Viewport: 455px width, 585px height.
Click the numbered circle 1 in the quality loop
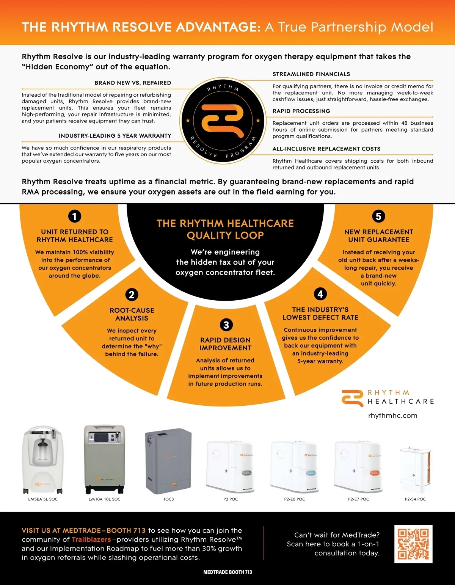(75, 216)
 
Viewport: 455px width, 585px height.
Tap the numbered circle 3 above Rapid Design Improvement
(226, 325)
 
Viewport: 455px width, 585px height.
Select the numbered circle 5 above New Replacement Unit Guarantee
(378, 216)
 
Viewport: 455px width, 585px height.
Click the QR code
(413, 544)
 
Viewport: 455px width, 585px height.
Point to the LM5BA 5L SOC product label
(43, 499)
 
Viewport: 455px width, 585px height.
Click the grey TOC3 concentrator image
(168, 461)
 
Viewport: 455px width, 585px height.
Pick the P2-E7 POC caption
(358, 499)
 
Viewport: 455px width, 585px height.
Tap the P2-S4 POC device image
(415, 470)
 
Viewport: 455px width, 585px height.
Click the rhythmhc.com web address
(392, 416)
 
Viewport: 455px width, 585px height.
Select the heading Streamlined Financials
(311, 74)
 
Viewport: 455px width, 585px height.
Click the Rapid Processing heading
(301, 111)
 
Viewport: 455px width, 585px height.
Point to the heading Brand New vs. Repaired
(133, 83)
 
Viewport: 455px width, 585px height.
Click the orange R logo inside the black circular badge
(223, 120)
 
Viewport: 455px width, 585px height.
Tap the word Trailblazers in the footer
(91, 540)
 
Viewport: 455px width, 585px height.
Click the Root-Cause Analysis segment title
(132, 314)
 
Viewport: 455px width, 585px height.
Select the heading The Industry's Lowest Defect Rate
(320, 314)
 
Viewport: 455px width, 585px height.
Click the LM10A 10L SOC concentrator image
(105, 459)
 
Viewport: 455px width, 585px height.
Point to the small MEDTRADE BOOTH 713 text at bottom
(227, 572)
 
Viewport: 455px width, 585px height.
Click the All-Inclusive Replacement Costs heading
(326, 149)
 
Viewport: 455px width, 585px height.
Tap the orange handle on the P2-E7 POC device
(375, 473)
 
